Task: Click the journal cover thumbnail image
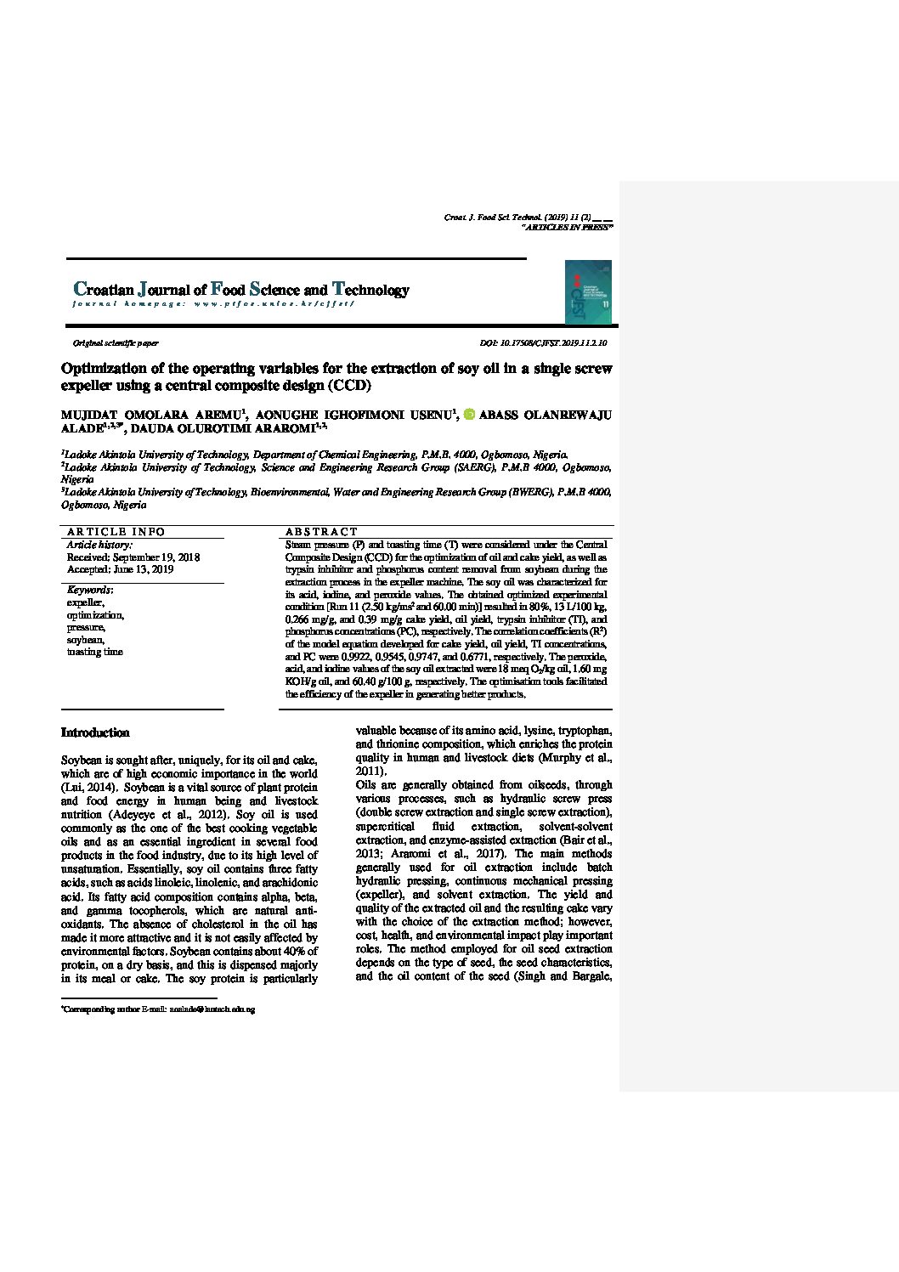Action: [x=588, y=291]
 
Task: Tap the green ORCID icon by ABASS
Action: [x=468, y=415]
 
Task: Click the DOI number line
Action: [x=543, y=343]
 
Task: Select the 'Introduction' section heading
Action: [x=95, y=732]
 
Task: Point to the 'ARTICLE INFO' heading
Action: [x=116, y=532]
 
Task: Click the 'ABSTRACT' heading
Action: [x=321, y=532]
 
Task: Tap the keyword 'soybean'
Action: [x=85, y=640]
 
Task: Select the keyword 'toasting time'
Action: [x=94, y=652]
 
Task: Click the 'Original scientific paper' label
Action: [x=116, y=343]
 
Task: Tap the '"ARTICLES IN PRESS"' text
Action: [x=567, y=228]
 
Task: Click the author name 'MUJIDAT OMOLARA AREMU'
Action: [x=150, y=415]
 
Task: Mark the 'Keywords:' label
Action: [x=90, y=590]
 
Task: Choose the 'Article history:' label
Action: [x=99, y=545]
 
